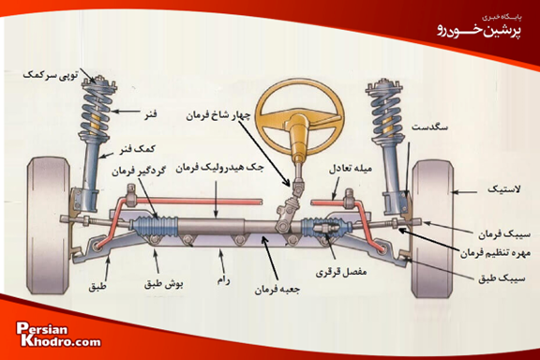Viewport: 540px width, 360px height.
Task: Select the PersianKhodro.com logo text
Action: point(58,336)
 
